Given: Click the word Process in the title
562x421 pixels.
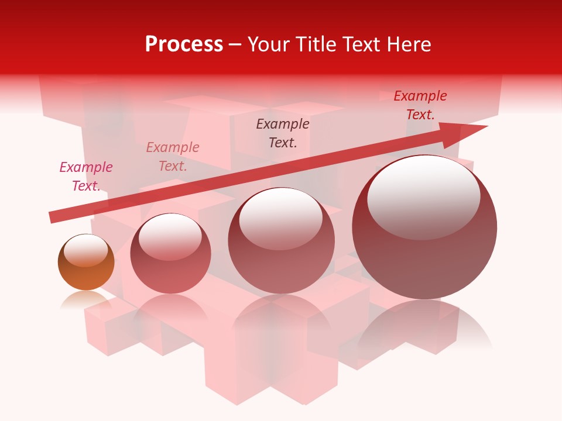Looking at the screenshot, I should tap(184, 44).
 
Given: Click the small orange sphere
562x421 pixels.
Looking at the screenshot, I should tap(86, 263).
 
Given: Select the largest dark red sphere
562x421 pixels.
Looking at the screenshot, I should tap(424, 227).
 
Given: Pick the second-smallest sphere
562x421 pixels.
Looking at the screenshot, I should tap(170, 254).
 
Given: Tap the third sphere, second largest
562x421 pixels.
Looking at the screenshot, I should tap(282, 240).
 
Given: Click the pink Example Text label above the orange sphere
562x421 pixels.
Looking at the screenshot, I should tap(86, 177).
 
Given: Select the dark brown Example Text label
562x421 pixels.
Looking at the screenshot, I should tap(283, 133).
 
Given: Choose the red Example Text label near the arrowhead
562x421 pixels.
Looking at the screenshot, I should tap(420, 105).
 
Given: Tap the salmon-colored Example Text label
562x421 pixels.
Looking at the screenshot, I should tap(173, 157).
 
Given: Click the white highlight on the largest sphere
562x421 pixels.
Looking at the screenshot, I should tap(423, 196).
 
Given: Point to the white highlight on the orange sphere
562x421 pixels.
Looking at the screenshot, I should tap(85, 250).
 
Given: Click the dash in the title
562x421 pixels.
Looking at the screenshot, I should tap(235, 45).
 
